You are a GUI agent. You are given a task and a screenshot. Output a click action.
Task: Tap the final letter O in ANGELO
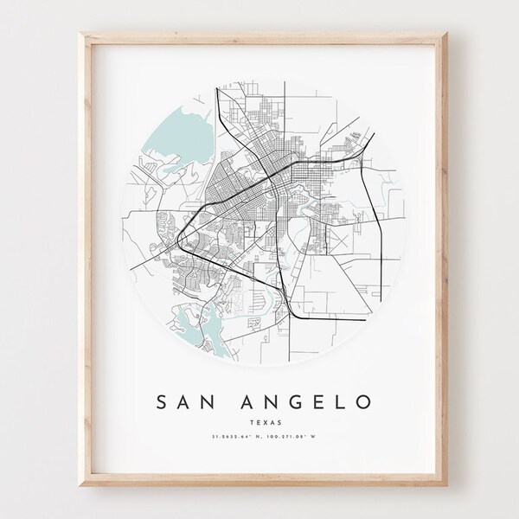click(x=369, y=402)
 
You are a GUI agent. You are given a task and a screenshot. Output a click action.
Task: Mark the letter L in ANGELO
click(x=343, y=402)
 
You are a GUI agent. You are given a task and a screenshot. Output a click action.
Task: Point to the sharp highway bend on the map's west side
click(x=179, y=236)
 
